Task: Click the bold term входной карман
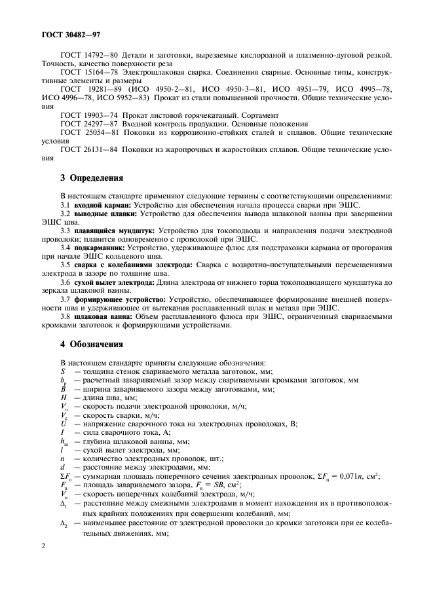pyautogui.click(x=103, y=205)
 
